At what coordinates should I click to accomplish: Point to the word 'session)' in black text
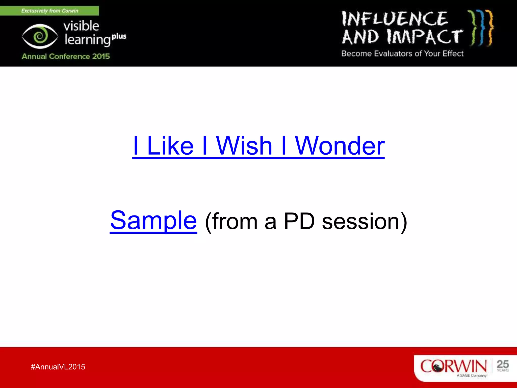pos(365,222)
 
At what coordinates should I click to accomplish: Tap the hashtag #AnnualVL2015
pos(58,367)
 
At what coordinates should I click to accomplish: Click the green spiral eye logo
pos(40,36)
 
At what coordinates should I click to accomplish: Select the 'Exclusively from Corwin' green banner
pos(49,11)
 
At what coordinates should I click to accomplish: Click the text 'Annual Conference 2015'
pos(66,56)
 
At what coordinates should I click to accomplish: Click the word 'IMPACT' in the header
pos(425,37)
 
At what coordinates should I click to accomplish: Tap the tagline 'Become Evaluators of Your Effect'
pos(402,54)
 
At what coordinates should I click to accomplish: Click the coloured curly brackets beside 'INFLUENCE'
pos(480,28)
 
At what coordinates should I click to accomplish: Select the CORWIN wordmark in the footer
pos(453,366)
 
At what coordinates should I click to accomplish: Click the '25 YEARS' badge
pos(503,366)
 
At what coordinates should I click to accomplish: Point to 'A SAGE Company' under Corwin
pos(471,376)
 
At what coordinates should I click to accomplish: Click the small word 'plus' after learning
pos(119,36)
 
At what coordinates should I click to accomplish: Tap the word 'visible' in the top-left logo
pos(81,26)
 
